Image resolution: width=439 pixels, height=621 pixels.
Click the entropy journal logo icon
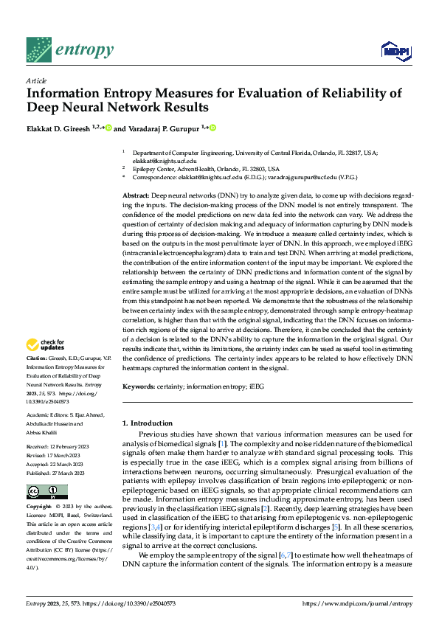click(38, 49)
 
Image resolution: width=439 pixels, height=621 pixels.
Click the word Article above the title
click(36, 80)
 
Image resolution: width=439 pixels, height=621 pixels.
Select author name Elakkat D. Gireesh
click(58, 128)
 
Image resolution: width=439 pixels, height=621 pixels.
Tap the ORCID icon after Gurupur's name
click(213, 128)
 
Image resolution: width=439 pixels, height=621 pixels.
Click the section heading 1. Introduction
click(147, 423)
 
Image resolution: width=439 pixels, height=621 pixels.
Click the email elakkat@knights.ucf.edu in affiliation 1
click(165, 160)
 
